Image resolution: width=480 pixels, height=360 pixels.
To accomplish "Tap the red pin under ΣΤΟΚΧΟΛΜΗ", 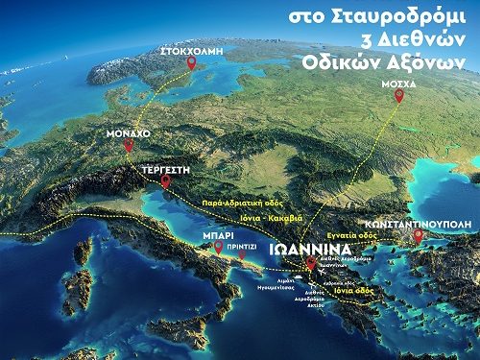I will [x=191, y=63].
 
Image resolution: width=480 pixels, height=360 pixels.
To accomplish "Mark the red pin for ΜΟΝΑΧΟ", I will [x=129, y=146].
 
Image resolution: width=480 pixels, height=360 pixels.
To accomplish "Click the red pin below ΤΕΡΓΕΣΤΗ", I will [x=167, y=180].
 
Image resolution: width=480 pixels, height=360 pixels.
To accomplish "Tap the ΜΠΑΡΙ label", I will [x=218, y=233].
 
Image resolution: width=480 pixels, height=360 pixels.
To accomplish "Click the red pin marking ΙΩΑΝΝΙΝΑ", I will [x=310, y=264].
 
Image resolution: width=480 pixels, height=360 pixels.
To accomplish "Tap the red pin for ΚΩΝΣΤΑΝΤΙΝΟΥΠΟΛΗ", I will [x=418, y=234].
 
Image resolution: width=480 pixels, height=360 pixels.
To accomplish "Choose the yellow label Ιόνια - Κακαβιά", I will [x=275, y=217].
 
